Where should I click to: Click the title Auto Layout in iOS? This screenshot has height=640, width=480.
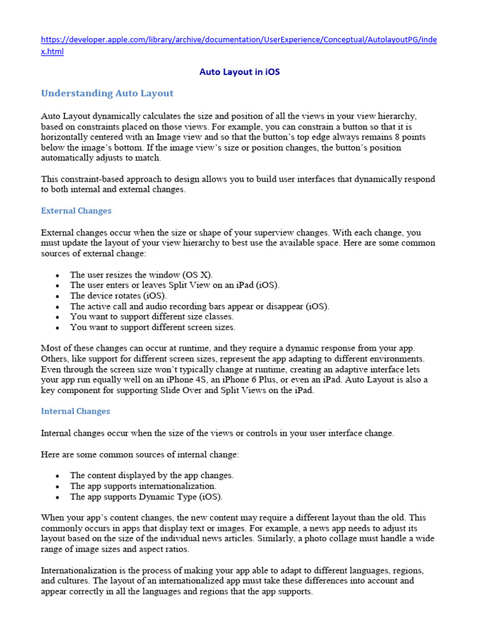[x=239, y=72]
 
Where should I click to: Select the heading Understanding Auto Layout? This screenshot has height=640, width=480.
[x=107, y=93]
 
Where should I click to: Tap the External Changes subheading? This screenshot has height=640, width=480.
[x=76, y=211]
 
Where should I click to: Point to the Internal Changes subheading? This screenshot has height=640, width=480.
[x=75, y=411]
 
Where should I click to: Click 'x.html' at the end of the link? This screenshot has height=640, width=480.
[x=52, y=51]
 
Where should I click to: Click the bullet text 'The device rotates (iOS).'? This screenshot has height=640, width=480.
[x=118, y=296]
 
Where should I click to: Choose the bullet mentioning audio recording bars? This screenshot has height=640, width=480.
[x=199, y=306]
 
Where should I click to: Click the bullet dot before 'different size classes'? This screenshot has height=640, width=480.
[x=57, y=317]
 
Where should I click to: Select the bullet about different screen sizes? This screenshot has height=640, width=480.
[x=152, y=327]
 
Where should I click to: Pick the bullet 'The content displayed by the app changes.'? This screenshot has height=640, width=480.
[x=151, y=475]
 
